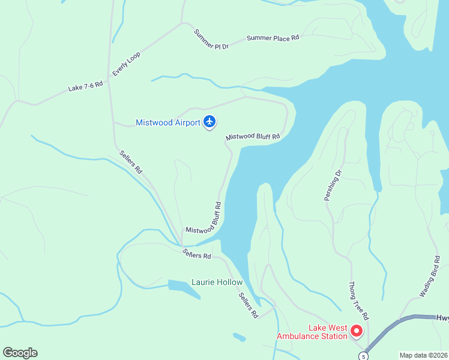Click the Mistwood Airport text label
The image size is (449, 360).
(x=168, y=123)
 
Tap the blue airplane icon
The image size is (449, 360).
(x=209, y=122)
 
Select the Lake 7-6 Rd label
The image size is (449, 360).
(x=85, y=87)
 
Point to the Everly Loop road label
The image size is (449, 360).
(x=126, y=64)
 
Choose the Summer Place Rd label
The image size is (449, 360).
(x=273, y=38)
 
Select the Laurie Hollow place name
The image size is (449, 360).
(x=217, y=282)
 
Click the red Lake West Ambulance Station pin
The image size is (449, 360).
(x=357, y=331)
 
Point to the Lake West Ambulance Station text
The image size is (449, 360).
(x=312, y=332)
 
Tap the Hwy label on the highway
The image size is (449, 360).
(x=442, y=318)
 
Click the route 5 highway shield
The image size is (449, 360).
(x=363, y=356)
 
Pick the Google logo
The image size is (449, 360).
(x=20, y=353)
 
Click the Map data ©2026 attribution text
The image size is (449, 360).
(x=424, y=355)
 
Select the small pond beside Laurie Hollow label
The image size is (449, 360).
(x=184, y=287)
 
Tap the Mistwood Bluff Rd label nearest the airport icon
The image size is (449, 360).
(x=253, y=137)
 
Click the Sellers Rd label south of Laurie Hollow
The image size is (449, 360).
(x=248, y=305)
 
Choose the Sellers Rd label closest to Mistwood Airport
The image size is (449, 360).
(x=130, y=162)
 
